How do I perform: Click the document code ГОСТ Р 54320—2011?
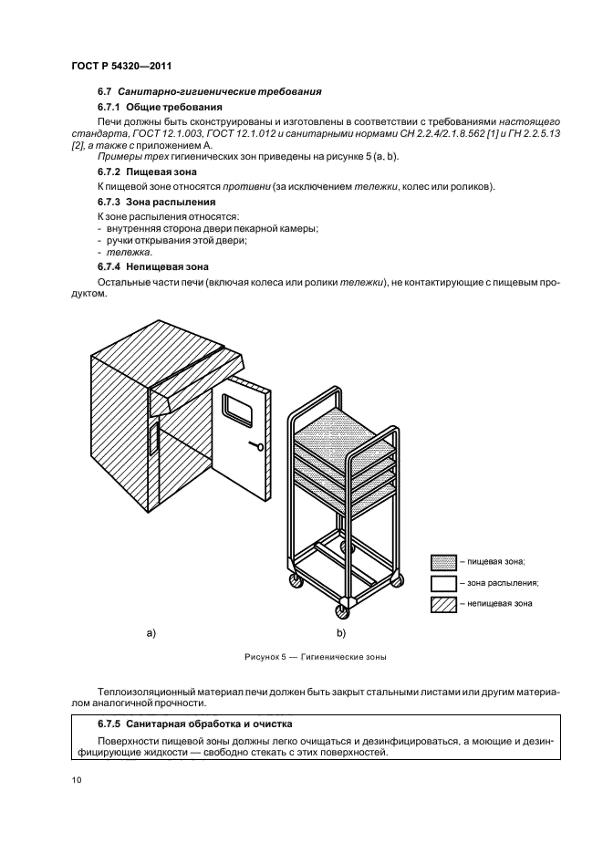tap(121, 66)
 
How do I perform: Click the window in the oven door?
tap(239, 413)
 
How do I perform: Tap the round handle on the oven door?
tap(261, 447)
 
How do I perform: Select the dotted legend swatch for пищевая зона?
tap(442, 561)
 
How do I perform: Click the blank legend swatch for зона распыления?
tap(442, 582)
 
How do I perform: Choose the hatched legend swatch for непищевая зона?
tap(442, 603)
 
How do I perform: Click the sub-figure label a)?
tap(151, 631)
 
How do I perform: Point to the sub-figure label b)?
tap(340, 631)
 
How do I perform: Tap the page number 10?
tap(76, 781)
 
